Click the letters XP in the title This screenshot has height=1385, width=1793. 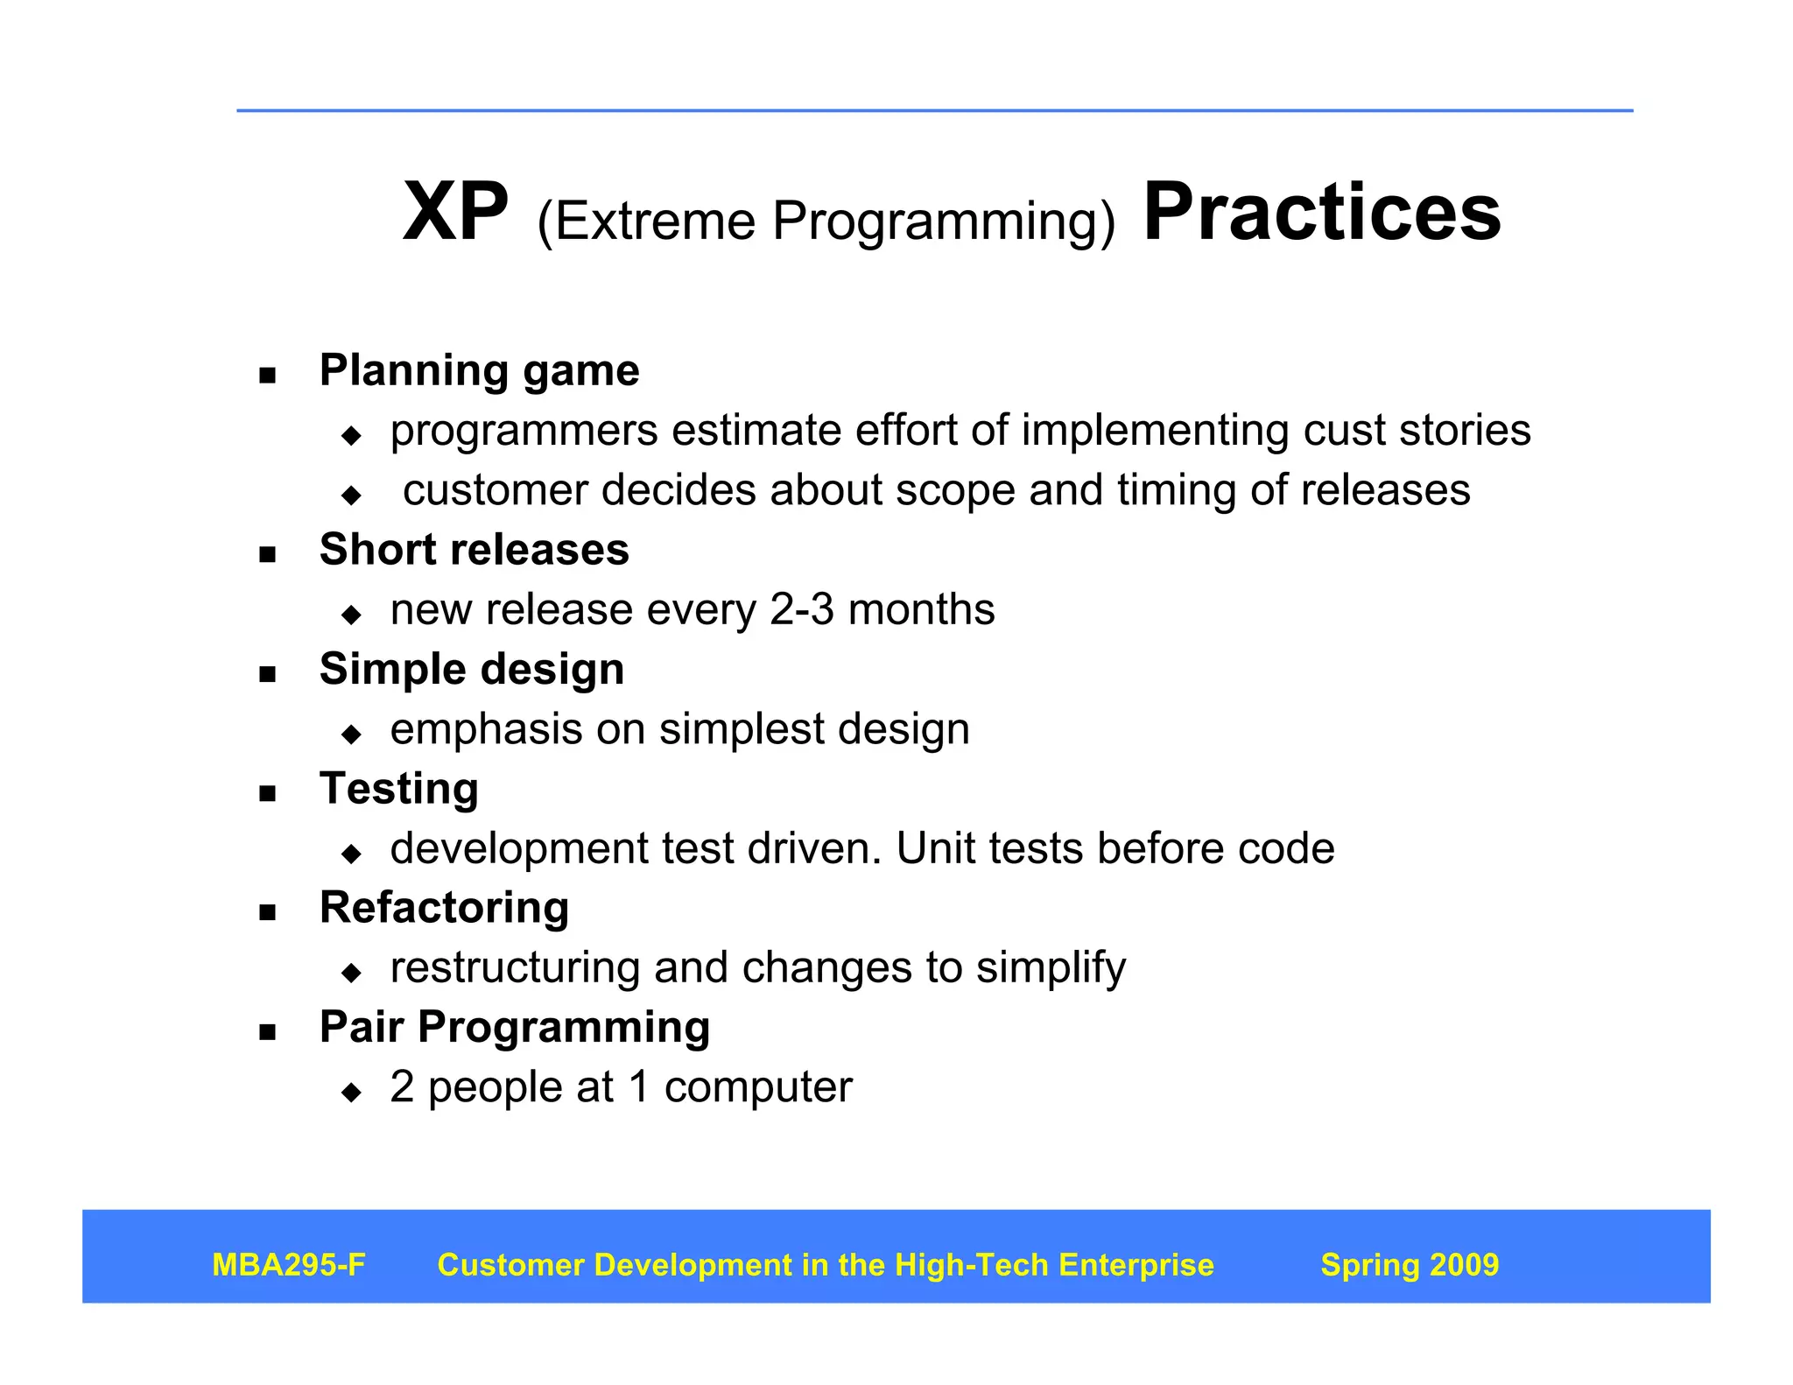tap(454, 213)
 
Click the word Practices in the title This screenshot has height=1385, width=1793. tap(1322, 213)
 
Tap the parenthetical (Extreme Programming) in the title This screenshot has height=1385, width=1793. tap(826, 221)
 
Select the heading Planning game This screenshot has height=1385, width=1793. tap(479, 370)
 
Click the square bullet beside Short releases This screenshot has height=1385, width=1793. tap(268, 554)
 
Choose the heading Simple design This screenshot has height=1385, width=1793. tap(471, 670)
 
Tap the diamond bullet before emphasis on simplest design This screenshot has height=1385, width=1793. tap(352, 734)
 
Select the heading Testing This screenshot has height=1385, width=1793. tap(398, 789)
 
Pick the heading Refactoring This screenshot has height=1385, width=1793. tap(444, 908)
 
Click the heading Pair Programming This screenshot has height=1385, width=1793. tap(514, 1028)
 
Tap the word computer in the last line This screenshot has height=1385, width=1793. tap(757, 1088)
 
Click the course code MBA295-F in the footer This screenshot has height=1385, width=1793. tap(288, 1265)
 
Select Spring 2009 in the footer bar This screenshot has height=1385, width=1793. tap(1409, 1265)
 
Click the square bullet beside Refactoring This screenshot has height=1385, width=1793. tap(268, 913)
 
